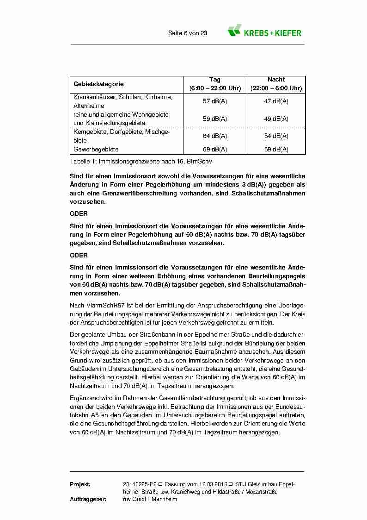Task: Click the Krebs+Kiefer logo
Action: click(x=264, y=31)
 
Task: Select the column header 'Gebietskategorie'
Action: click(x=98, y=84)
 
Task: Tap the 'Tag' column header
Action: click(x=214, y=80)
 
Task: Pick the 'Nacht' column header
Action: click(x=276, y=80)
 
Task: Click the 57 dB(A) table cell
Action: click(x=214, y=101)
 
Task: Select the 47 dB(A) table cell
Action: click(x=276, y=101)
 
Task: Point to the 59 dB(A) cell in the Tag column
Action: click(x=214, y=119)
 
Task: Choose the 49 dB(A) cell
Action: click(x=276, y=119)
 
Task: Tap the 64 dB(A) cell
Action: click(x=214, y=136)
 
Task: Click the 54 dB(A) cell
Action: click(x=276, y=136)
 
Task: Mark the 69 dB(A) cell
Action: click(x=214, y=150)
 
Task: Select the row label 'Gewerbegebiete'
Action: click(x=96, y=150)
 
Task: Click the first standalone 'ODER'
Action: click(x=79, y=214)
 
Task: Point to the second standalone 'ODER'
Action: click(x=79, y=255)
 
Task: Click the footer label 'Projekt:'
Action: click(x=80, y=484)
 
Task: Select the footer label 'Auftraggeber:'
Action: click(x=88, y=500)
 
